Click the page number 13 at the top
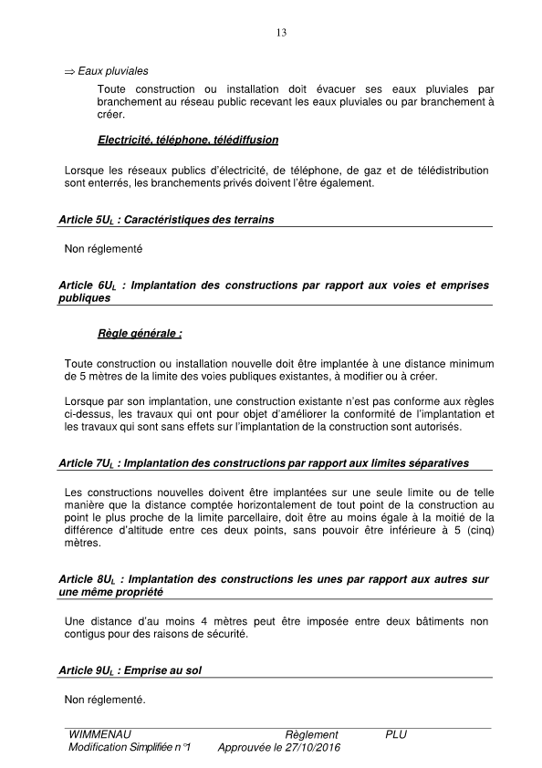(280, 34)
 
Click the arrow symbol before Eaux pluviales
(69, 71)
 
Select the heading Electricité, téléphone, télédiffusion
(187, 140)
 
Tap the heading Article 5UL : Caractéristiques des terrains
(165, 220)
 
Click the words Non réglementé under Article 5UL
(104, 248)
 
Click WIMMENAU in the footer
(99, 734)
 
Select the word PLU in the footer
(396, 734)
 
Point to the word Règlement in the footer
(311, 734)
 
